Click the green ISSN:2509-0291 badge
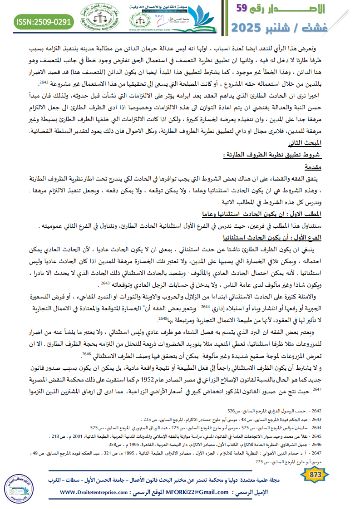[x=44, y=21]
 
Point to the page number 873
[x=315, y=475]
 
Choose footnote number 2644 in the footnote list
[x=345, y=427]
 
